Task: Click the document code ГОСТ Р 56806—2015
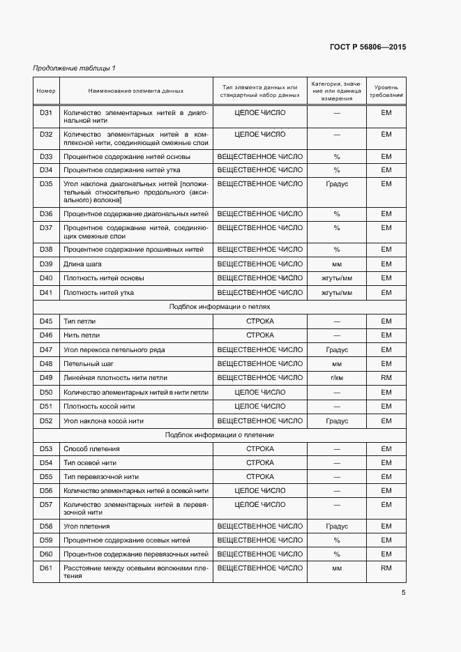[367, 47]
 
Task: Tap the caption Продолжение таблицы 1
[75, 68]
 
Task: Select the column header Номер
[46, 91]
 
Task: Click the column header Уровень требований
[386, 91]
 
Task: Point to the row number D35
[46, 184]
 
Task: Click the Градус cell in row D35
[336, 184]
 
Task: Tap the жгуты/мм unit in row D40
[336, 278]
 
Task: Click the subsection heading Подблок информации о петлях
[219, 307]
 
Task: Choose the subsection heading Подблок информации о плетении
[219, 434]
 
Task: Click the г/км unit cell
[336, 378]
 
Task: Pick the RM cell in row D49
[386, 378]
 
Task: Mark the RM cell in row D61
[386, 568]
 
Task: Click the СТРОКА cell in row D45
[259, 321]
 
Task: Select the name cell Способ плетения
[91, 449]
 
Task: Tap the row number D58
[46, 526]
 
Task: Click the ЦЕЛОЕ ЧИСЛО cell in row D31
[259, 112]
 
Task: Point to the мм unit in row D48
[336, 364]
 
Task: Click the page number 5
[403, 593]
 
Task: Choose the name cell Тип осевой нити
[90, 463]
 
